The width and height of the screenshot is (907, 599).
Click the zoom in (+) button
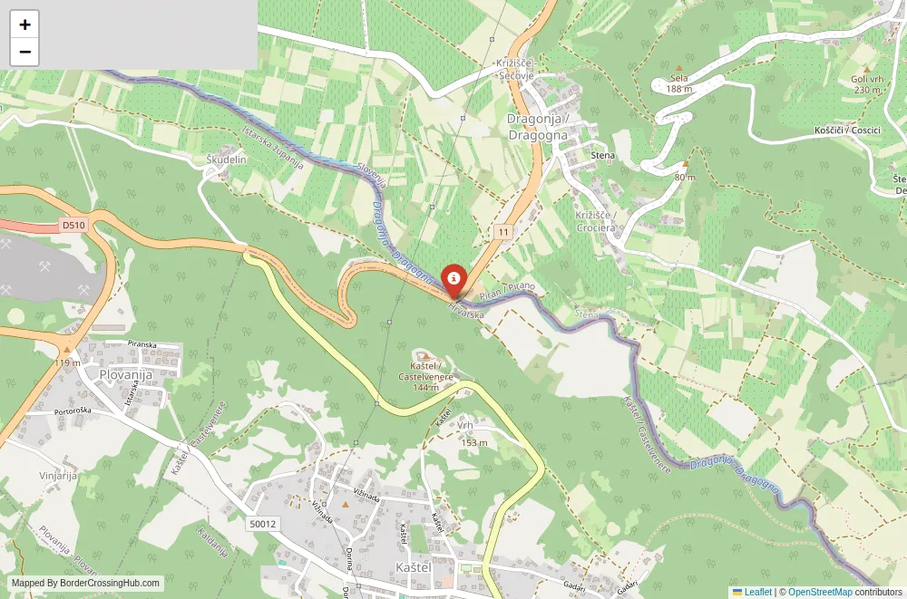[24, 24]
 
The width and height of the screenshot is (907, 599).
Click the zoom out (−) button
[24, 52]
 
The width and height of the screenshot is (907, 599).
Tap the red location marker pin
[453, 278]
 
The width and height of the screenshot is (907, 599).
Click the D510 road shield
[73, 224]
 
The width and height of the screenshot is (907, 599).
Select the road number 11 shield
[503, 233]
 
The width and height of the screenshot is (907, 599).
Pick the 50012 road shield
[263, 524]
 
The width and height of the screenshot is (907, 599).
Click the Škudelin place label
[227, 159]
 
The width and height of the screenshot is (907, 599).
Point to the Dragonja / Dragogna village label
[538, 128]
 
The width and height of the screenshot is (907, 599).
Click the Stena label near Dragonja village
[602, 155]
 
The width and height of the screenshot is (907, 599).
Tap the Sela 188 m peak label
[678, 82]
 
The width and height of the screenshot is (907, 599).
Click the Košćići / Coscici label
[847, 130]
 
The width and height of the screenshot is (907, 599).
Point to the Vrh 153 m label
[473, 433]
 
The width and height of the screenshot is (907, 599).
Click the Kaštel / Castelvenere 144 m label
[424, 375]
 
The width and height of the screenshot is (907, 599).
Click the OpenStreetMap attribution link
[820, 592]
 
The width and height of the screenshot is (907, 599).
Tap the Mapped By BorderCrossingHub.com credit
[86, 584]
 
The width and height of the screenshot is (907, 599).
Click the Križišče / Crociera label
[596, 220]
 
